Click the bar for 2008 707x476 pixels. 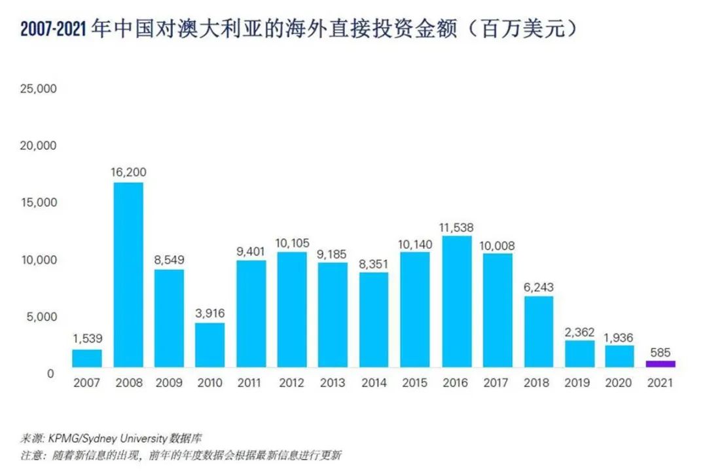(128, 274)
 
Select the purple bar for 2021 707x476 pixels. (661, 364)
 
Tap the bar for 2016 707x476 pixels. (457, 301)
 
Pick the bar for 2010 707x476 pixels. (210, 344)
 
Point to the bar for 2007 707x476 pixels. (87, 358)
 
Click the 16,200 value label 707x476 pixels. (128, 172)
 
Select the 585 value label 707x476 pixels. (661, 352)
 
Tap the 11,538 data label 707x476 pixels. (457, 228)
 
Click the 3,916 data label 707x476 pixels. (210, 314)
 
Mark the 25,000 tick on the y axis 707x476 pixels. (39, 88)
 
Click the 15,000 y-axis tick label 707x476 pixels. (39, 203)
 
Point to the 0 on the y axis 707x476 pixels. (50, 374)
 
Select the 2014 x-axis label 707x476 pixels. (374, 383)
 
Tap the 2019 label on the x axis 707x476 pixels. (579, 383)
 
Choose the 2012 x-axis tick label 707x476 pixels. (292, 383)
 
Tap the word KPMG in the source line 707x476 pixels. (63, 437)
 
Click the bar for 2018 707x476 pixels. (539, 331)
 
